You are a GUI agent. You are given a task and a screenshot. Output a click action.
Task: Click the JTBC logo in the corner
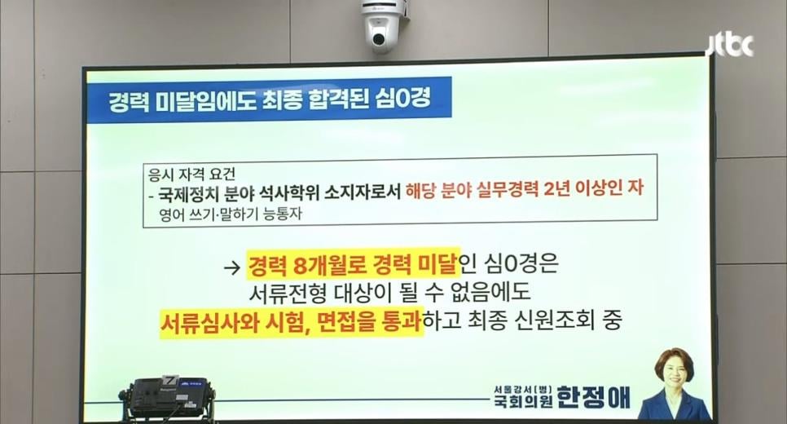pos(730,46)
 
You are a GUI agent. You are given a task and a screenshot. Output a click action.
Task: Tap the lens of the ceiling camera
pos(378,38)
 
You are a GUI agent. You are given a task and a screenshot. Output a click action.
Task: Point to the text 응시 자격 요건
pos(191,174)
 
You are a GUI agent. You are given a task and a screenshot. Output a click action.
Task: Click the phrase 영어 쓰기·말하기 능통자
pos(231,214)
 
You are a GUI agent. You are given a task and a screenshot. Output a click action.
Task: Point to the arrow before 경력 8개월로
pos(232,267)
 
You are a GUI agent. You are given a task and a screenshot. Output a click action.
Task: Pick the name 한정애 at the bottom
pos(593,397)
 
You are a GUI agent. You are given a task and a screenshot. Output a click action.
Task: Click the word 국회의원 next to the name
pos(523,401)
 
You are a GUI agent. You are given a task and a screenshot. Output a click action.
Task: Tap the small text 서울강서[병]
pos(523,388)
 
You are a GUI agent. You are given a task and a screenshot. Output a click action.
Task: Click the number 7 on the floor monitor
pos(171,380)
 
